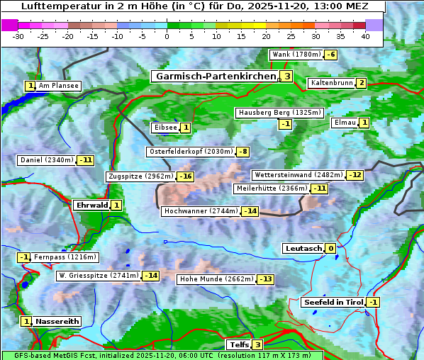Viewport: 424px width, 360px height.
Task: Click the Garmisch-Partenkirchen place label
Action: [x=214, y=76]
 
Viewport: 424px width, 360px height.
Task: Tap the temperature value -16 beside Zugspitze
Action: [x=185, y=176]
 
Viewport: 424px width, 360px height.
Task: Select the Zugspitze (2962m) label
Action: [x=140, y=176]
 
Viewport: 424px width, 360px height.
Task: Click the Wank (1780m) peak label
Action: [x=296, y=55]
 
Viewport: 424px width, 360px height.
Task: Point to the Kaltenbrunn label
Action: [x=331, y=83]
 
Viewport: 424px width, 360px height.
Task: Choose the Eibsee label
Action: [x=164, y=128]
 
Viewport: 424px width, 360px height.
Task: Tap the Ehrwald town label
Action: [x=91, y=206]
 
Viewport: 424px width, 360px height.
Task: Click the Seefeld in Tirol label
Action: [x=333, y=303]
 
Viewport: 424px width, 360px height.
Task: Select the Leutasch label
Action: [x=303, y=249]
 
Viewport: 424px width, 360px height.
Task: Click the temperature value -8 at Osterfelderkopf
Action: [x=243, y=152]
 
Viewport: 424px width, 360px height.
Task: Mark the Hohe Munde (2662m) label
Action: [x=216, y=279]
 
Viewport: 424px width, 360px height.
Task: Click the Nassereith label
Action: [x=57, y=321]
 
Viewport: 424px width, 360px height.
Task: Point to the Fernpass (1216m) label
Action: [x=66, y=257]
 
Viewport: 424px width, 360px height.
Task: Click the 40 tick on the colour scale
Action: [x=365, y=36]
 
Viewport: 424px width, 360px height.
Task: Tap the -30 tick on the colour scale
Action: [x=18, y=36]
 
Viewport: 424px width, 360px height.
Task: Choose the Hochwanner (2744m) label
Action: [x=201, y=211]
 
